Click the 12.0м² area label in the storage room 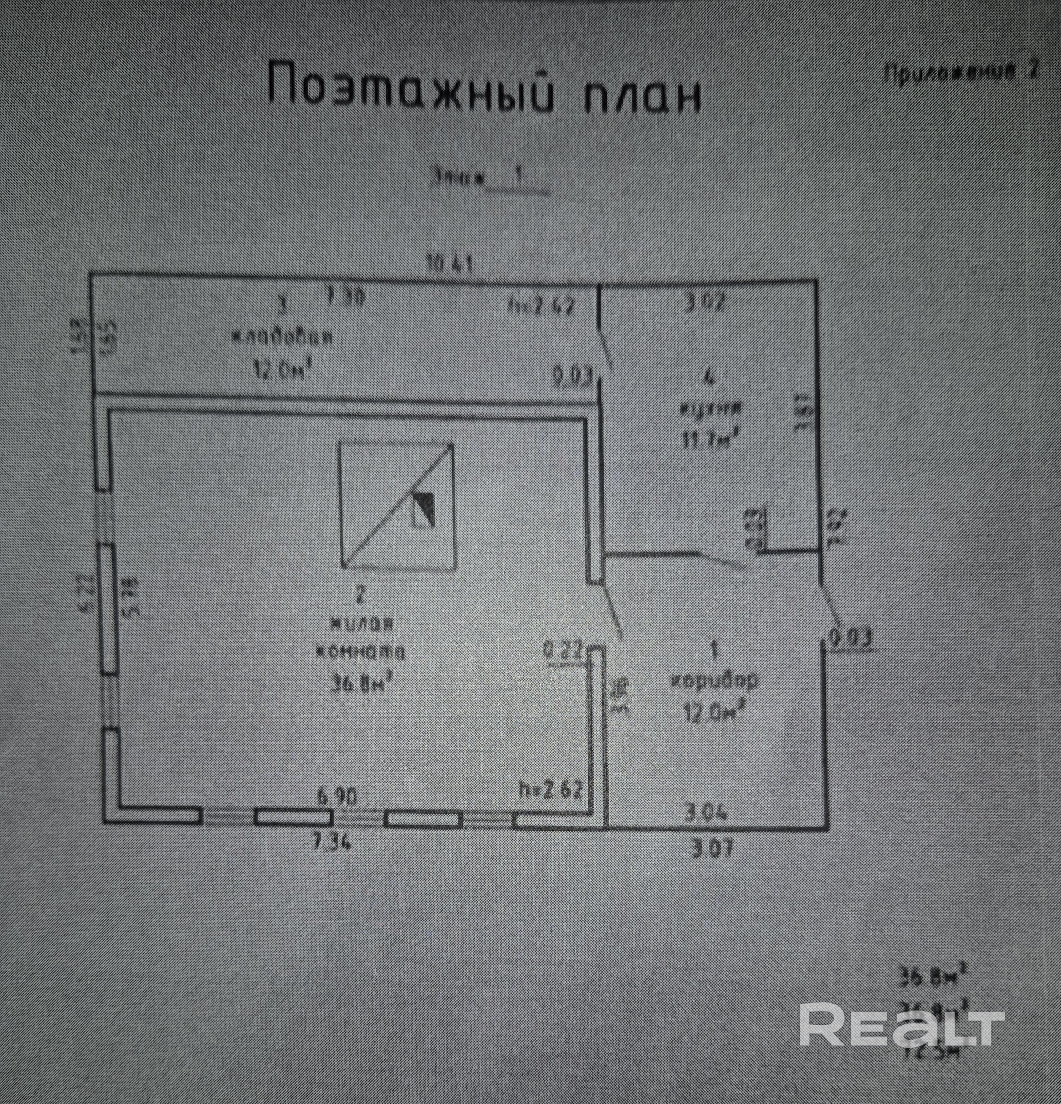coord(282,371)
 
